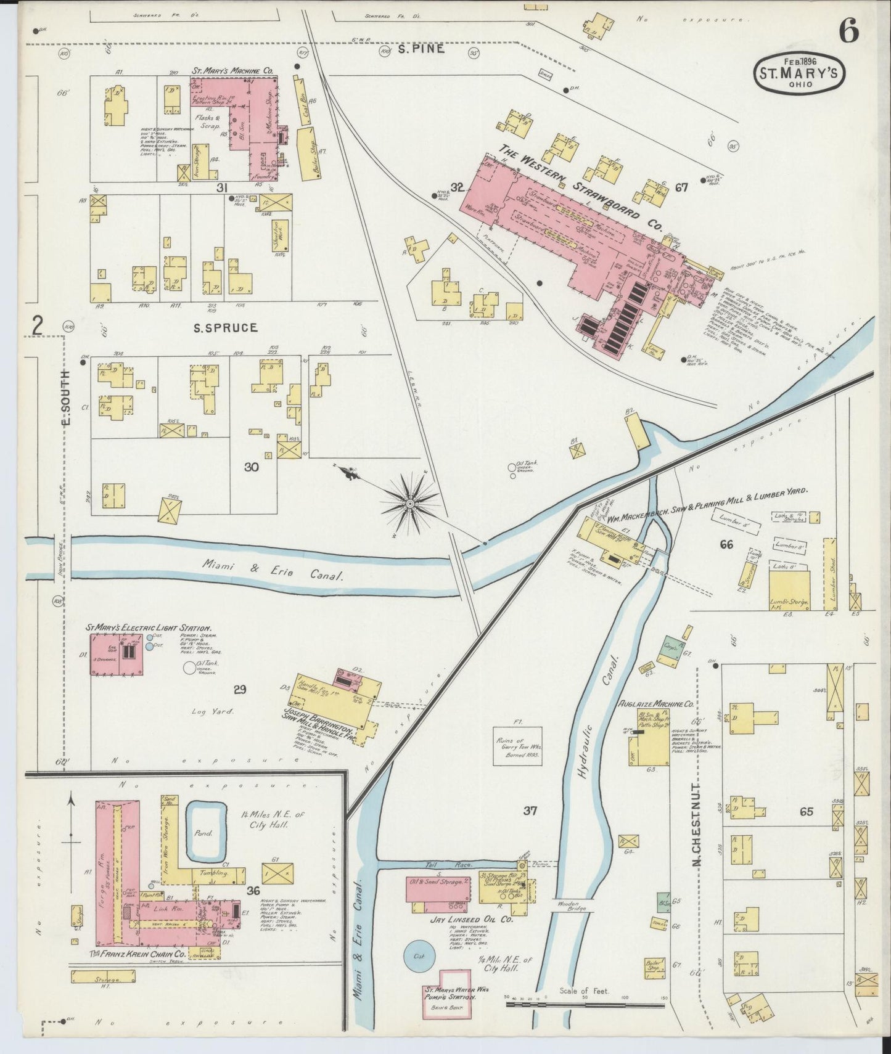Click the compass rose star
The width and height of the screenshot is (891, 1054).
410,503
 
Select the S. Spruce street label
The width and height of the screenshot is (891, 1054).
226,328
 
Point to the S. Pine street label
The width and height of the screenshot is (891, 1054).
421,49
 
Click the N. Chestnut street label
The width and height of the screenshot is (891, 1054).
697,825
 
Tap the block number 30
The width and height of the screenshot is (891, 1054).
251,467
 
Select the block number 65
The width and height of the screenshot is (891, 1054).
806,812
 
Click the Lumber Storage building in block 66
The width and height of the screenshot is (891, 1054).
789,590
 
